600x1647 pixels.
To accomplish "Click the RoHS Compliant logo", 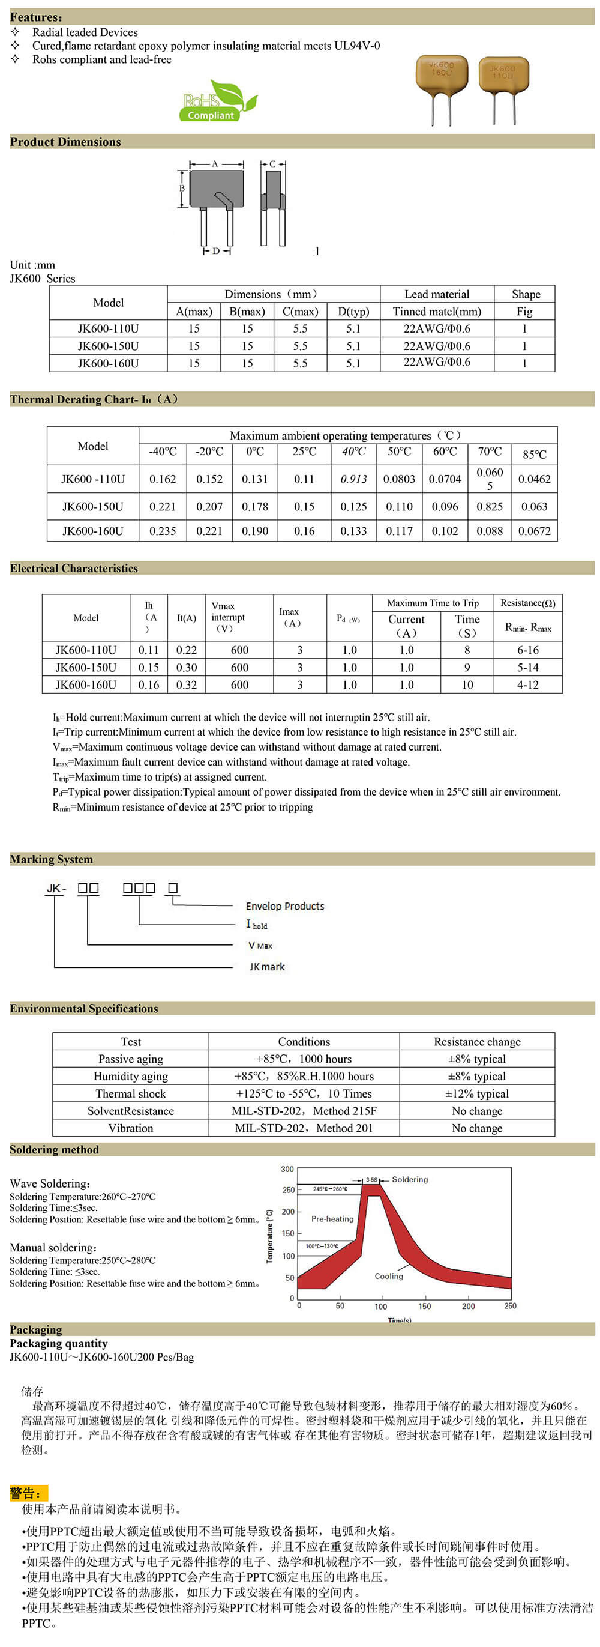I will tap(217, 101).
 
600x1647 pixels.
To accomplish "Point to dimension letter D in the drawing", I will tap(216, 251).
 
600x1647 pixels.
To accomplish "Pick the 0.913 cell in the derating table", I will tap(353, 479).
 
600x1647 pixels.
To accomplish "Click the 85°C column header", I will tap(534, 454).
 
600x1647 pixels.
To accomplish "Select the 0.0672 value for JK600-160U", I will tap(534, 531).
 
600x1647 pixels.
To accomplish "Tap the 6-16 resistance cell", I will tap(528, 650).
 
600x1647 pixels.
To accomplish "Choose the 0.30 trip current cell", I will tap(187, 667).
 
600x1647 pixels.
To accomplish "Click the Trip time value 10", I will tap(467, 684).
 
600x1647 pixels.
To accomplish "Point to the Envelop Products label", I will tap(284, 906).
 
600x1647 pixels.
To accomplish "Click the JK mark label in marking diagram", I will tap(267, 967).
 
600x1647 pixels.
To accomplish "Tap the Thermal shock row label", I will tap(130, 1093).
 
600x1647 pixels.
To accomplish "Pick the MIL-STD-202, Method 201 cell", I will tap(304, 1128).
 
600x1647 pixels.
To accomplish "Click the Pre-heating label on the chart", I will tap(332, 1219).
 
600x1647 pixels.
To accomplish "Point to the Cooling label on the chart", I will tap(388, 1275).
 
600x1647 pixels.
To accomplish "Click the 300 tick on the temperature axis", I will tap(287, 1170).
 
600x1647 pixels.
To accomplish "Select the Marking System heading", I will tap(51, 859).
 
